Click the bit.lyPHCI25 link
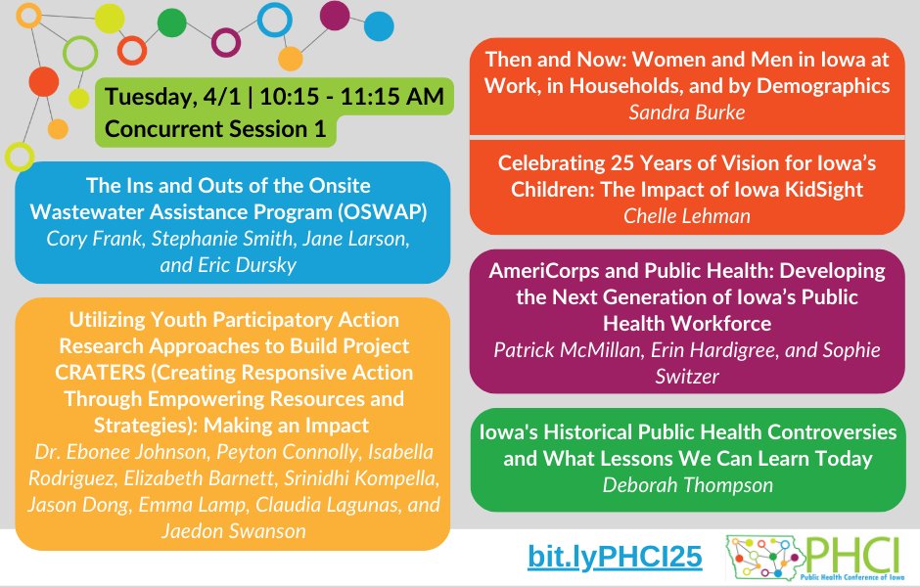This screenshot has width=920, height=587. tap(615, 557)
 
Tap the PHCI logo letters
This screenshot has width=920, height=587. tap(849, 554)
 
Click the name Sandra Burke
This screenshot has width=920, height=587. tap(687, 112)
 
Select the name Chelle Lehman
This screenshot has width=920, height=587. tap(687, 215)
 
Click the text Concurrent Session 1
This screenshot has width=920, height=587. tap(215, 129)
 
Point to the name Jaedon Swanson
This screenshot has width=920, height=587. tap(233, 529)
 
